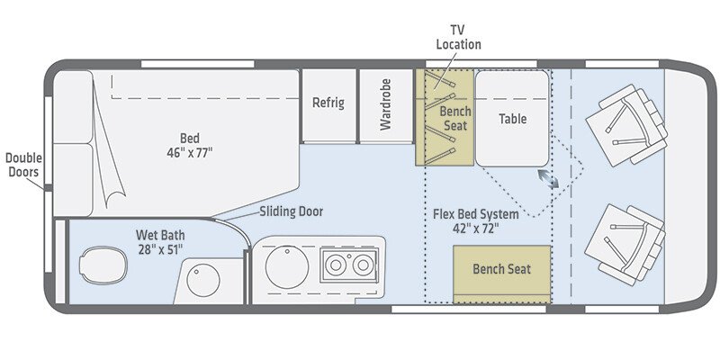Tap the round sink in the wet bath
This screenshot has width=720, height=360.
point(203,280)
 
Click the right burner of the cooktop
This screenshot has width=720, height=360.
point(363,266)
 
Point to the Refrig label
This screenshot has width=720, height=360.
point(328,103)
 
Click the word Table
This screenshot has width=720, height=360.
point(512,119)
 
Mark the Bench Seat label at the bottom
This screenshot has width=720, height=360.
point(502,268)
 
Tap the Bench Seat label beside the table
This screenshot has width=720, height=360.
point(455,117)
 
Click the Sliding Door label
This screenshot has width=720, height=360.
point(291,211)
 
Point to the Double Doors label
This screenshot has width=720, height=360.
point(23,165)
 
